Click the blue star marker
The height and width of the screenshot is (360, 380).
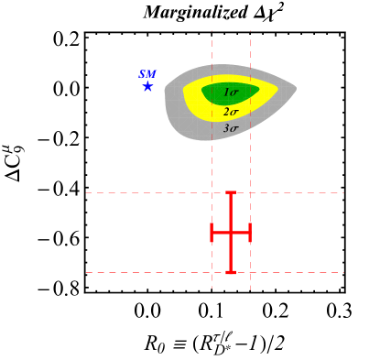147,86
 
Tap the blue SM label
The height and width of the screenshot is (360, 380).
147,73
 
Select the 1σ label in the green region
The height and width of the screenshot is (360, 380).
231,93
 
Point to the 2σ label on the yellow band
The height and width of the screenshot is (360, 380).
231,112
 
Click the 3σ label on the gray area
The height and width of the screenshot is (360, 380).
231,129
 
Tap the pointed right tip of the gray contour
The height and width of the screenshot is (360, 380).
295,88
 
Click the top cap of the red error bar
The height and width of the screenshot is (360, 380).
231,192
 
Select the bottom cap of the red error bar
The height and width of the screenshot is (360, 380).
231,272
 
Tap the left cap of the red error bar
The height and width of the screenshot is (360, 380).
212,233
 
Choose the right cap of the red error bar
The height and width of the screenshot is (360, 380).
250,233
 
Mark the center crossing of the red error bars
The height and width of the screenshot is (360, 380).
231,233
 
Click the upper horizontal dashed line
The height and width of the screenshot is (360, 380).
137,192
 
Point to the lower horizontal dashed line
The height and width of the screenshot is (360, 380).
137,272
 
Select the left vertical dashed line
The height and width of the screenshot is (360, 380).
212,165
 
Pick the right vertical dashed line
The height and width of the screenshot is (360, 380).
250,165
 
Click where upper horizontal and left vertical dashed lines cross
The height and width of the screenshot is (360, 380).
212,192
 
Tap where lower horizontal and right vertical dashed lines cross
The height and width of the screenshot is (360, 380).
250,272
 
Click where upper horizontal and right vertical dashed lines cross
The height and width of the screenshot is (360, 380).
250,192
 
